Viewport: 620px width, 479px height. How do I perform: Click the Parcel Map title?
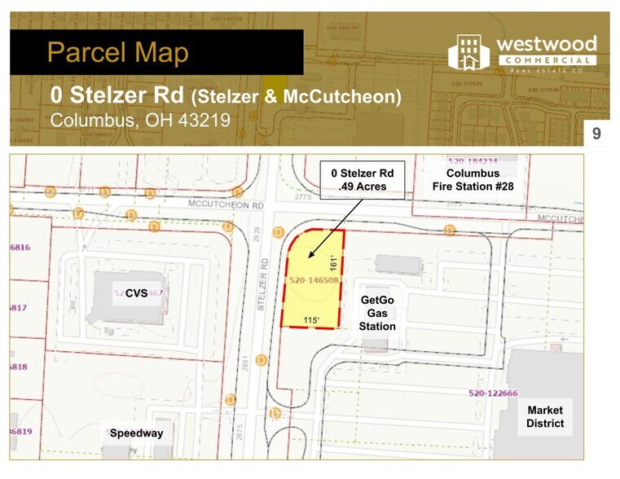(x=118, y=53)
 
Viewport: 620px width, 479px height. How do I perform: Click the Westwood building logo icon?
(x=468, y=53)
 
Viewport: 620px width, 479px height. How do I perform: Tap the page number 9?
(x=596, y=133)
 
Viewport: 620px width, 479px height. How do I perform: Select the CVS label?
(x=136, y=292)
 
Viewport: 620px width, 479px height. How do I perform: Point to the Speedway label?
(x=136, y=433)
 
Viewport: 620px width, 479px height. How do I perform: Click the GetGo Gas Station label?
(x=377, y=314)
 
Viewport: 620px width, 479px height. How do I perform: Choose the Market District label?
(x=545, y=416)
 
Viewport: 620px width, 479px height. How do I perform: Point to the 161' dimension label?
(x=333, y=264)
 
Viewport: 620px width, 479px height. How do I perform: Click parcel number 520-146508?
(x=313, y=280)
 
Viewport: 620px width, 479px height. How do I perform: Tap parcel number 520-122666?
(x=493, y=394)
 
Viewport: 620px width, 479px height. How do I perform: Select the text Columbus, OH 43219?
(x=140, y=120)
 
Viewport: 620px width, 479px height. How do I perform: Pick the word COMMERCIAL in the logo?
(x=546, y=60)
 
